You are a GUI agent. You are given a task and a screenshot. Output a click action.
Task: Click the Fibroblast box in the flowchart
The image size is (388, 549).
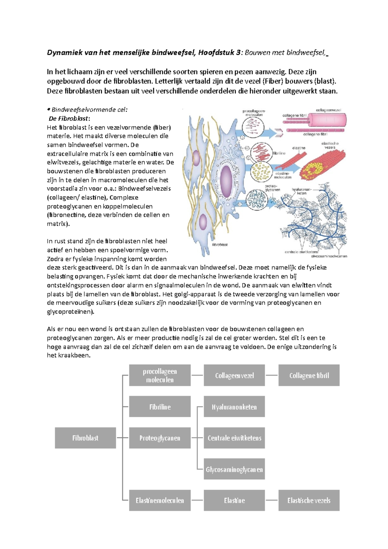click(85, 438)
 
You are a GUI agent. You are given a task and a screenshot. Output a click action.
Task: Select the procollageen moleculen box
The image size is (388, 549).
click(160, 375)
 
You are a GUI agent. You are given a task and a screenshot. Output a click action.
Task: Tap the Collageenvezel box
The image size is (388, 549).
click(234, 375)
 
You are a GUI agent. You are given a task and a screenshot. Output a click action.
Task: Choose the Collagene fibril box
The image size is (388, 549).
click(309, 375)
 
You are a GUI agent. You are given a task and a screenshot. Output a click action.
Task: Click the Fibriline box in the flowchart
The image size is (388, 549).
click(160, 407)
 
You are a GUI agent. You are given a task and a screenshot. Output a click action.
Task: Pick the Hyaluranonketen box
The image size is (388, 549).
click(234, 407)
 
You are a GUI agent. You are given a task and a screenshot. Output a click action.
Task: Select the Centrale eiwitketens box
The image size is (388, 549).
click(234, 438)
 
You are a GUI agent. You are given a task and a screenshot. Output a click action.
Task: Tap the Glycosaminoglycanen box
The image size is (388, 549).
click(234, 469)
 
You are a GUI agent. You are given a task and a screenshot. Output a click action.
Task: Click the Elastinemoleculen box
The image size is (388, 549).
click(160, 500)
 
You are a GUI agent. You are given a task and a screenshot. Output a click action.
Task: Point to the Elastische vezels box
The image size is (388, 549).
click(309, 500)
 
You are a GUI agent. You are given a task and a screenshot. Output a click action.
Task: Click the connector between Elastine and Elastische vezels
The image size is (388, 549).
click(272, 500)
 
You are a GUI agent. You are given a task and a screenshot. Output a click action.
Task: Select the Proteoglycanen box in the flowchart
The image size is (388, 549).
click(160, 438)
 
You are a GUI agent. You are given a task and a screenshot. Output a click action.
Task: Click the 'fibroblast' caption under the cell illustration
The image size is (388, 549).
click(220, 245)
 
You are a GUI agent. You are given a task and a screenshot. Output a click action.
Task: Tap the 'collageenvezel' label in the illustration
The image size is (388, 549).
click(328, 110)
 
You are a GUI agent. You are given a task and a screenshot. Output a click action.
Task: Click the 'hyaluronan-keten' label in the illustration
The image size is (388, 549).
click(301, 191)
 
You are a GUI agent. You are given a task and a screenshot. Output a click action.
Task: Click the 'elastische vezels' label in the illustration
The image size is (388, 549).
click(330, 145)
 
